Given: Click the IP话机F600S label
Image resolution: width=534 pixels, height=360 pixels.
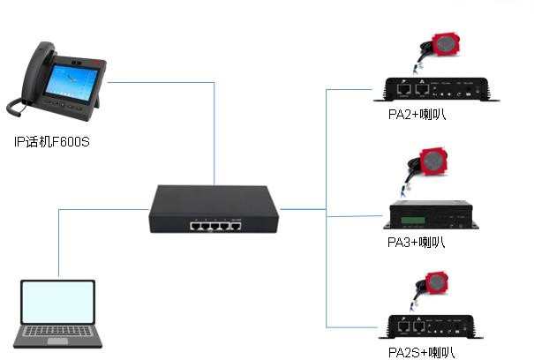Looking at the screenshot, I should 52,141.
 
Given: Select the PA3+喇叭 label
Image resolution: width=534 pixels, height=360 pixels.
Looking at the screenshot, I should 417,241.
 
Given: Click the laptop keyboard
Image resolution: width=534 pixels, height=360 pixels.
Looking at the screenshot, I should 58,334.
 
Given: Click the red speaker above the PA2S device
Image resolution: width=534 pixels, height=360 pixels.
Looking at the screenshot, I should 440,283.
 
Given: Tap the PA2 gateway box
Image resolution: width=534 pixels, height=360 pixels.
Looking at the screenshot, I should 436,89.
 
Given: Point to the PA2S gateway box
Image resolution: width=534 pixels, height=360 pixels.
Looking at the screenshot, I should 436,326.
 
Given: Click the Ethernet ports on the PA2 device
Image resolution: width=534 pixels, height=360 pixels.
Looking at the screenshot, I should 412,89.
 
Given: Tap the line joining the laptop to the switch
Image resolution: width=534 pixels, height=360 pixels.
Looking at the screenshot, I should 60,238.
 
